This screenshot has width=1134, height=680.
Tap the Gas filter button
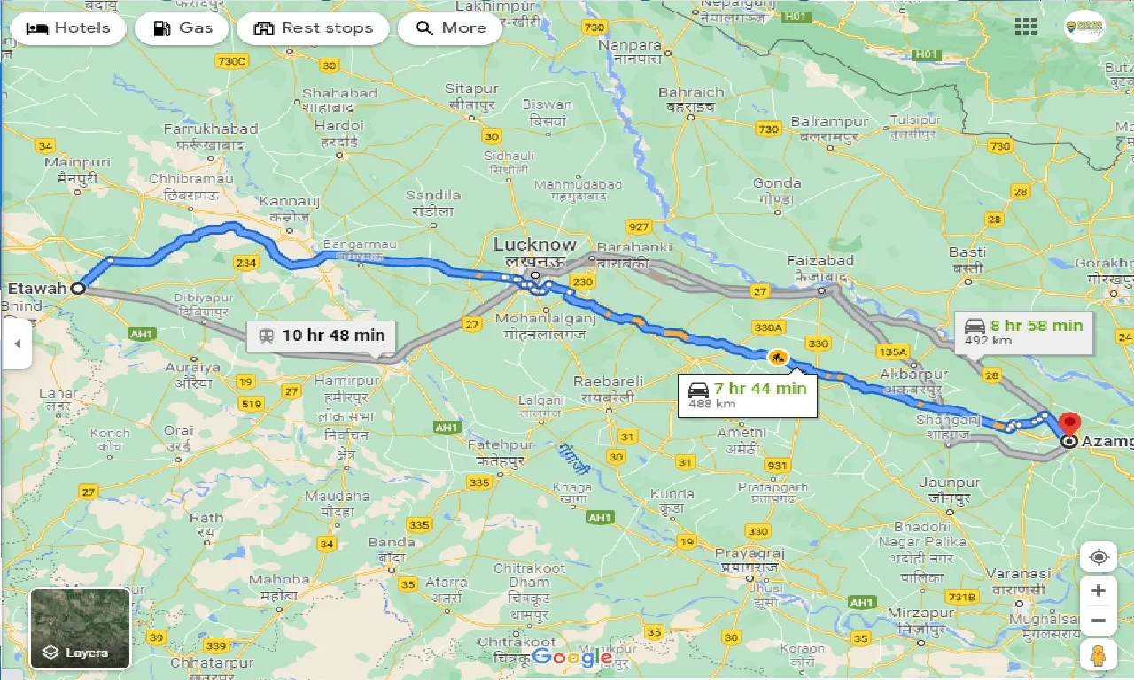coord(182,28)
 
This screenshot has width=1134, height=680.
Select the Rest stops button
coord(314,28)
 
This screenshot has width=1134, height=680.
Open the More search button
coord(450,28)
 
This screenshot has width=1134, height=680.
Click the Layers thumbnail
coord(81,629)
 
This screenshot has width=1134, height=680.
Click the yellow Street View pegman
coord(1099,655)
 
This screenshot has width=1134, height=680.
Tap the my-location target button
coord(1099,557)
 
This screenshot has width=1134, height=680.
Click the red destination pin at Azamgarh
coord(1071,423)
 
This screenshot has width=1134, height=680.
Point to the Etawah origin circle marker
coord(79,288)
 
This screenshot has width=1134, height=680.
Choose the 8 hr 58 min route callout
coord(1025,332)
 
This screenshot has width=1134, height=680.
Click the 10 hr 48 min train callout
coord(322,335)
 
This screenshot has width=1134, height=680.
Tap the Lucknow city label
coord(534,244)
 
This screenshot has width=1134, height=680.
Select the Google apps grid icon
coord(1025,27)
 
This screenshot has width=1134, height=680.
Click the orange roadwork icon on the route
coord(777,357)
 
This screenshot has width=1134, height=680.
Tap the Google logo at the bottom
coord(571,657)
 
